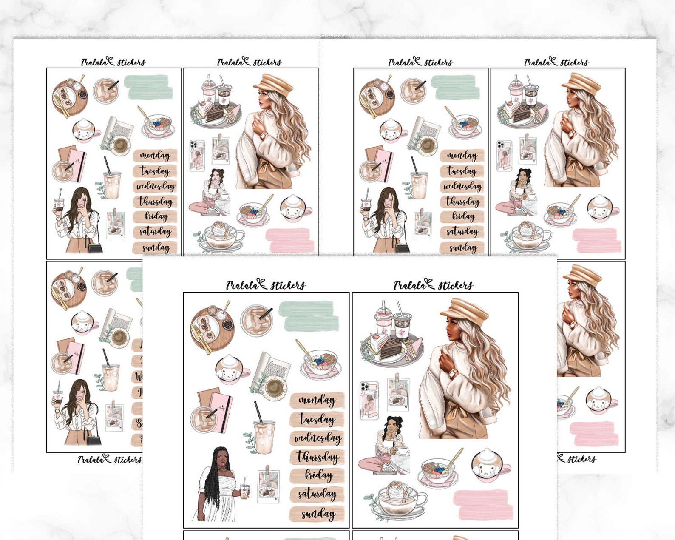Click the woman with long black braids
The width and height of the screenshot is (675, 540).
pyautogui.click(x=217, y=485)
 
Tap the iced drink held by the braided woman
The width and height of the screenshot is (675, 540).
pyautogui.click(x=244, y=492)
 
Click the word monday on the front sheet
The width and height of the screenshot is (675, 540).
pyautogui.click(x=317, y=401)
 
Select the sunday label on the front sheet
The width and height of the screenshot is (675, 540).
pyautogui.click(x=318, y=514)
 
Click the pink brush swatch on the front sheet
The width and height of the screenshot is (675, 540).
pyautogui.click(x=483, y=504)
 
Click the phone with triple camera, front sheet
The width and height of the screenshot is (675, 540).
pyautogui.click(x=369, y=400)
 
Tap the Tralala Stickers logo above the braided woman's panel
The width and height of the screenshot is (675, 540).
pyautogui.click(x=265, y=285)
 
